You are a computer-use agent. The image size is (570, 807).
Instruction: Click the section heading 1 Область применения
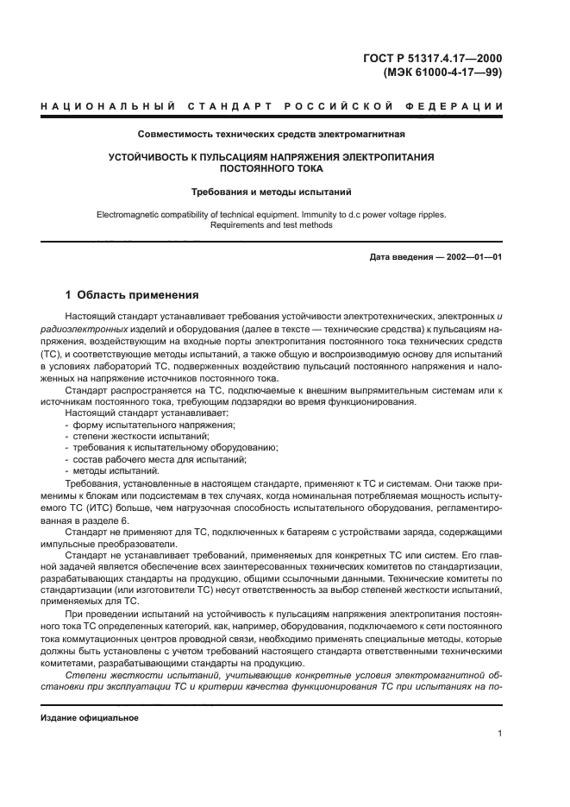(133, 294)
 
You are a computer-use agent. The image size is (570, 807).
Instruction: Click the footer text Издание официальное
(89, 717)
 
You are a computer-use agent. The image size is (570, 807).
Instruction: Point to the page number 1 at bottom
(499, 734)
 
